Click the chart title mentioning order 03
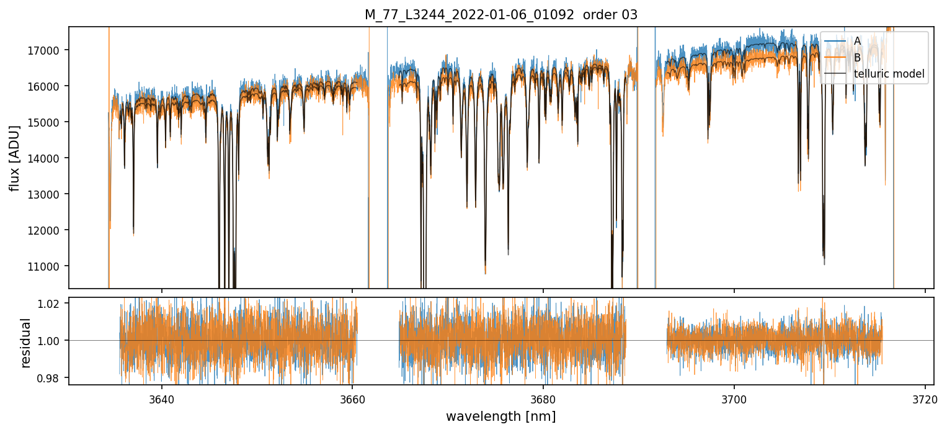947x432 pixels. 500,15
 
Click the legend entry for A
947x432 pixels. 857,41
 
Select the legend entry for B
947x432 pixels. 857,58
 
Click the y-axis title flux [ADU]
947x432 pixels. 14,158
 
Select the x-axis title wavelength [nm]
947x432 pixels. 500,416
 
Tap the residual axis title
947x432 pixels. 26,343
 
